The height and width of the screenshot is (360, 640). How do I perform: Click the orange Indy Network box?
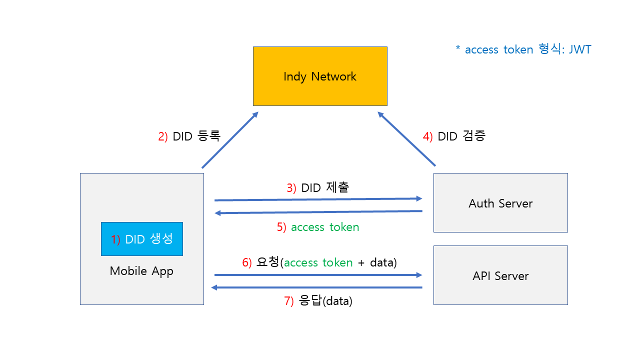[320, 76]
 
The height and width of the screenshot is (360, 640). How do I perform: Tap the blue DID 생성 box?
[142, 239]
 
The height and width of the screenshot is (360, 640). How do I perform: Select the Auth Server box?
[500, 203]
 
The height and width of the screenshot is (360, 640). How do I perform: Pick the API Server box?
[500, 275]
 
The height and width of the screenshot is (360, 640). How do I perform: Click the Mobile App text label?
[141, 271]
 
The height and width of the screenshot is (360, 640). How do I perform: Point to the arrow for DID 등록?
[230, 140]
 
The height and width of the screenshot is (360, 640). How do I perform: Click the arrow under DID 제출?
[318, 199]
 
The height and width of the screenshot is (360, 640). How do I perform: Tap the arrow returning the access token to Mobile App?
[318, 212]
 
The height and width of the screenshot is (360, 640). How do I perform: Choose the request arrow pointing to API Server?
[318, 275]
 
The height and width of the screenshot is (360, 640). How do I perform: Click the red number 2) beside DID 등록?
[163, 136]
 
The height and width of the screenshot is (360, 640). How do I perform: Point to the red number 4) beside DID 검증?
[428, 136]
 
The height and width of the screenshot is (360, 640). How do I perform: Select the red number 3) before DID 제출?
[291, 188]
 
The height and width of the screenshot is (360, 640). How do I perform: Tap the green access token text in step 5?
[325, 227]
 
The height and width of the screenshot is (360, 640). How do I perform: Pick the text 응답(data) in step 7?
[325, 301]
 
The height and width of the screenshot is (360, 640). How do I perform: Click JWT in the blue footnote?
[580, 49]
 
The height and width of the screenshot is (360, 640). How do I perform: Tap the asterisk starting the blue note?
[457, 48]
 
